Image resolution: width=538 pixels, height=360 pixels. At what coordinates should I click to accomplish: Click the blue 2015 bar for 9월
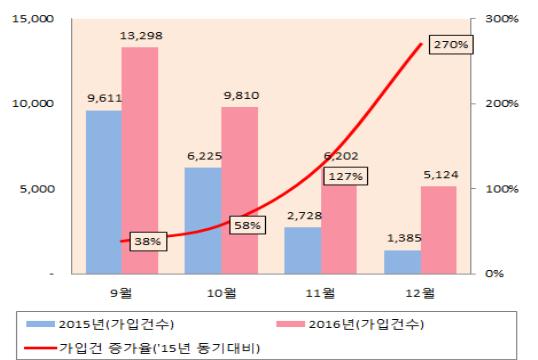104,191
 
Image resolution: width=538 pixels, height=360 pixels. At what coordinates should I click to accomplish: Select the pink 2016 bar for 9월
140,160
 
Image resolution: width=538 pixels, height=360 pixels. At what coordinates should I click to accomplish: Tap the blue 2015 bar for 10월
203,220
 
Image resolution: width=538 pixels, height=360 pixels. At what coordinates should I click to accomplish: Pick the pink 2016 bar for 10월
239,190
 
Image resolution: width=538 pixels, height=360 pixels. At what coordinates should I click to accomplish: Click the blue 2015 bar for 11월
302,250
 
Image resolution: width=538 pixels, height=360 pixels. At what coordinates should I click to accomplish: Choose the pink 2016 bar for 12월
437,229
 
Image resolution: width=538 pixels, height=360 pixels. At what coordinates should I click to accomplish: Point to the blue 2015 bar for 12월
401,261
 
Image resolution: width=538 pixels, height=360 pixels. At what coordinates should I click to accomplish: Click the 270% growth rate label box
448,45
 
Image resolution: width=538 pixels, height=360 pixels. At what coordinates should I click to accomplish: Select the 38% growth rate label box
147,241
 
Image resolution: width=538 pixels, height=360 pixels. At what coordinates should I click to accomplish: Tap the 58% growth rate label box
247,225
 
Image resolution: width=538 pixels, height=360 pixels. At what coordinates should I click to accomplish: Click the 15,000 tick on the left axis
33,19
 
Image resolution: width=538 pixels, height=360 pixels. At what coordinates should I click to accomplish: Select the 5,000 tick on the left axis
37,188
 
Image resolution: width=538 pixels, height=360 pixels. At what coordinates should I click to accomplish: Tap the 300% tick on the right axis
501,19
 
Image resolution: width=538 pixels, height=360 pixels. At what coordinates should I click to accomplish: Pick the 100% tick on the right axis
501,188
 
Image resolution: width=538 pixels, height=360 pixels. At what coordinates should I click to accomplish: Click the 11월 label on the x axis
320,293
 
